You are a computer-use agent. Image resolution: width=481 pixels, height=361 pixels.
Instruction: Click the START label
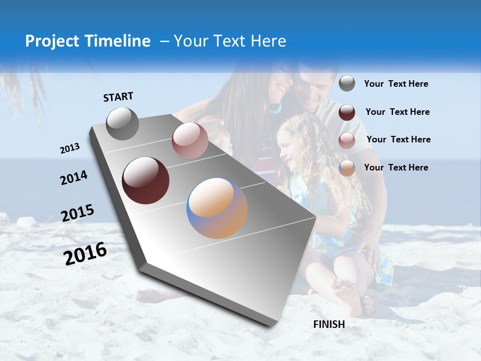click(118, 97)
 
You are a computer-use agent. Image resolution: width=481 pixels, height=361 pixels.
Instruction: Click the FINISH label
click(329, 324)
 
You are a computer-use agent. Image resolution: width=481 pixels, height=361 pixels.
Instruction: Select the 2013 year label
click(70, 148)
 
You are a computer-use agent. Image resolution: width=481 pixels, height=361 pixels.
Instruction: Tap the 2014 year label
click(74, 177)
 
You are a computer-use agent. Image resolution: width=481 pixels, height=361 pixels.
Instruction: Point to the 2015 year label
click(77, 213)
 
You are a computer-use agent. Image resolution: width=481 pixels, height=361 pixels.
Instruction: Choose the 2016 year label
click(85, 253)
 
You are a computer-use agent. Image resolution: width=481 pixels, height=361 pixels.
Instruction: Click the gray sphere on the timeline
click(122, 123)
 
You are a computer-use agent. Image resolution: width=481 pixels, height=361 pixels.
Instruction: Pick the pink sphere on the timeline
click(189, 140)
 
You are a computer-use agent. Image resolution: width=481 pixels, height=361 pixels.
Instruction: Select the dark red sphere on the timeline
click(145, 180)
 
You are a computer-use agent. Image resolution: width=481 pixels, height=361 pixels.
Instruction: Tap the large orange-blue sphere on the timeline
click(217, 208)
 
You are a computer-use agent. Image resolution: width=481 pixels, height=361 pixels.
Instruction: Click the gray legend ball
click(347, 83)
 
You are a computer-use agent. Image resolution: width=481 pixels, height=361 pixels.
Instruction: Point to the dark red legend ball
click(347, 112)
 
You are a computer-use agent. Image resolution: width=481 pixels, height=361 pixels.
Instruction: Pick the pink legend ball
click(347, 140)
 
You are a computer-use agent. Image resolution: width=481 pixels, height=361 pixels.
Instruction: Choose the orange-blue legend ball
click(347, 168)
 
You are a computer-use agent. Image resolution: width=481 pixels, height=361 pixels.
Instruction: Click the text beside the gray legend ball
click(396, 84)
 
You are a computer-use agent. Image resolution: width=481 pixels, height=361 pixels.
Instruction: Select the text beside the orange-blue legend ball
click(396, 167)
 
